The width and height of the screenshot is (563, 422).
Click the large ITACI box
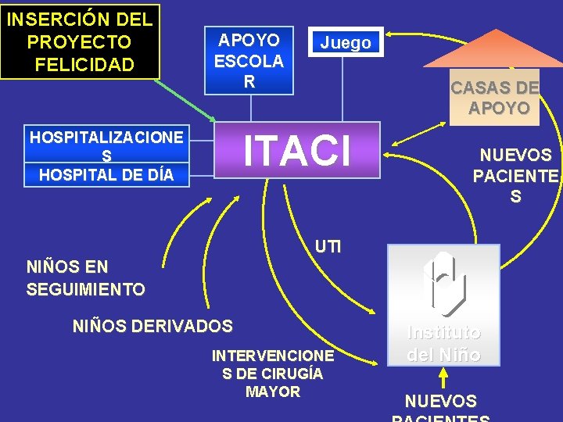297,151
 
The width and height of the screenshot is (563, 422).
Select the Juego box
345,43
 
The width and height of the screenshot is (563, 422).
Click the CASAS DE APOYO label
494,98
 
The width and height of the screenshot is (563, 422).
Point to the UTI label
328,247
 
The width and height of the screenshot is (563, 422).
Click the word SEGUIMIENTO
85,289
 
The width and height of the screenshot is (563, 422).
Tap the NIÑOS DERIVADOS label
152,325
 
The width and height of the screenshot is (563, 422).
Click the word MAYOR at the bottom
273,391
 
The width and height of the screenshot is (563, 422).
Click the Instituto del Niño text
443,343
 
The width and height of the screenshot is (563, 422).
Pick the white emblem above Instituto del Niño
443,283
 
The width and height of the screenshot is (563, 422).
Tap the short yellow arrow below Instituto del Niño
443,379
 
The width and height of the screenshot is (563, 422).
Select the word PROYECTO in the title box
78,41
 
